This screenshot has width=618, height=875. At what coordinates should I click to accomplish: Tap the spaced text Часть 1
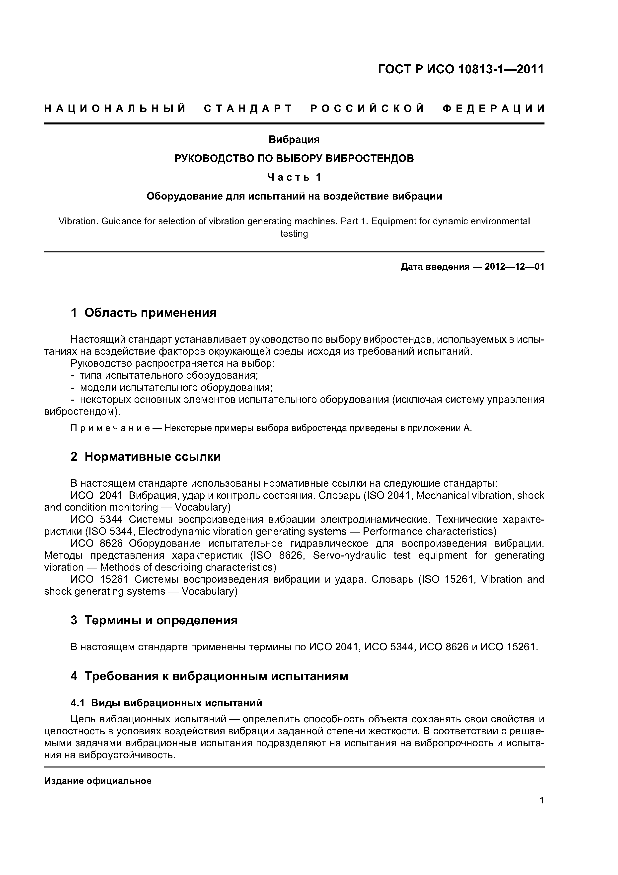pyautogui.click(x=294, y=177)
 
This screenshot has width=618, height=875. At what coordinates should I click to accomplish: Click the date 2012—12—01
pyautogui.click(x=514, y=267)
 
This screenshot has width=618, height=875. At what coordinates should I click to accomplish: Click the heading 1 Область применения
pyautogui.click(x=144, y=313)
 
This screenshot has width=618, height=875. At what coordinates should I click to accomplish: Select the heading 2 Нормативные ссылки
pyautogui.click(x=146, y=456)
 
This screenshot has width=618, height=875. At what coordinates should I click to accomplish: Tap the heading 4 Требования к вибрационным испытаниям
pyautogui.click(x=209, y=676)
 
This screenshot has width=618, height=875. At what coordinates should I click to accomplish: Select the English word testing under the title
pyautogui.click(x=294, y=234)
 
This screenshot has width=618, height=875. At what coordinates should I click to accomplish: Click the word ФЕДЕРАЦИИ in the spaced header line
pyautogui.click(x=493, y=109)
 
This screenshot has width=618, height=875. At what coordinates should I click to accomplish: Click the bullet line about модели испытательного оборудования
pyautogui.click(x=176, y=388)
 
